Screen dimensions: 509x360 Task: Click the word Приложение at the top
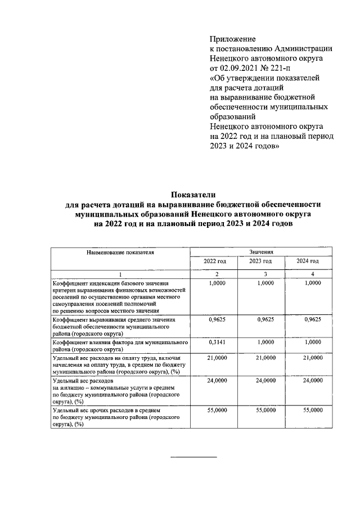point(232,39)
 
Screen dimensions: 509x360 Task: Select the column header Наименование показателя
point(120,253)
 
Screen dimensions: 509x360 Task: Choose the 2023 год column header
point(260,262)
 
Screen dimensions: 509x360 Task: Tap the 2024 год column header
point(308,262)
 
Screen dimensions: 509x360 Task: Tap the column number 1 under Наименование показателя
point(120,273)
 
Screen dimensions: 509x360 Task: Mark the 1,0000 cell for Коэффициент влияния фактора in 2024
point(312,342)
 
